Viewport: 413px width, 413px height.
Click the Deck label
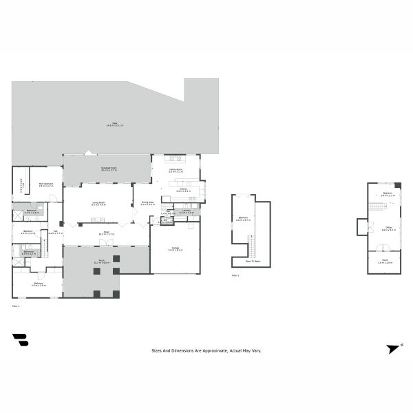click(115, 125)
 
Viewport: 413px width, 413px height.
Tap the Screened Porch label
click(107, 169)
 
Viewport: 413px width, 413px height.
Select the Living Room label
click(98, 204)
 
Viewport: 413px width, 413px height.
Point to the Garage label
click(175, 249)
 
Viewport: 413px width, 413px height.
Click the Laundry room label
click(186, 212)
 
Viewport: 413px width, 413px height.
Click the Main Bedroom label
click(46, 184)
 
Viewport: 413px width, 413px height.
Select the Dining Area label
click(147, 203)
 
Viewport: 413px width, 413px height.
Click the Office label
click(389, 228)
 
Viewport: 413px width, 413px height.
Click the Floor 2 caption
click(235, 275)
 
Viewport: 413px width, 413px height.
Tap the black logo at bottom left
click(21, 342)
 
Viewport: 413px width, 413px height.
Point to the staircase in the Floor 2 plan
click(251, 244)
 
